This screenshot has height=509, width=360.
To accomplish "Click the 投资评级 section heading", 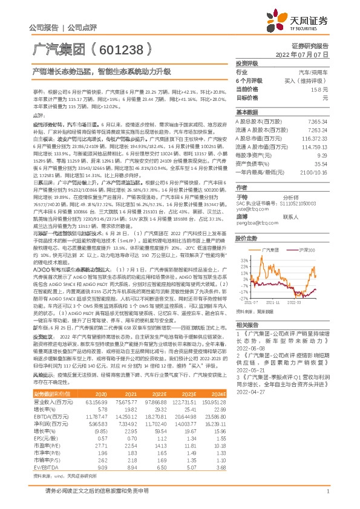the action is click(x=247, y=63).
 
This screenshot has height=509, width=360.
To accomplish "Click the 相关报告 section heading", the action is click(x=247, y=325).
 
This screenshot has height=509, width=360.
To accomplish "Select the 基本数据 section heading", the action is click(x=247, y=112).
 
